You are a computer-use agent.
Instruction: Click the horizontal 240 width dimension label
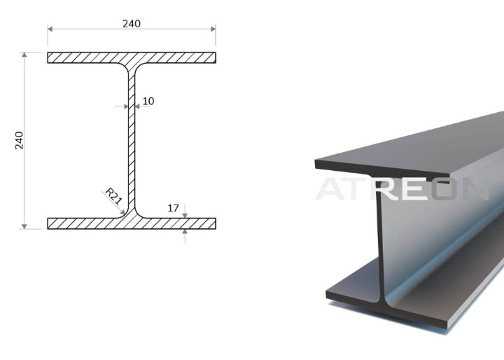132,24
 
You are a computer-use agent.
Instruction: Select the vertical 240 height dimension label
20,140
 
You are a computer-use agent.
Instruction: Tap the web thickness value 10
148,101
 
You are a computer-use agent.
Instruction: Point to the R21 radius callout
114,196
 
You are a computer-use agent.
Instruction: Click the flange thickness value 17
174,208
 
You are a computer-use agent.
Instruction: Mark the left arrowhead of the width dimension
50,29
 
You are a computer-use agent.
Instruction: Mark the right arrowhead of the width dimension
213,29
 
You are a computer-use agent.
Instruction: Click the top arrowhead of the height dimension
24,55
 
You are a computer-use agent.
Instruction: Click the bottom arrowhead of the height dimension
24,226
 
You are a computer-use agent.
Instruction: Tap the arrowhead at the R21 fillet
122,212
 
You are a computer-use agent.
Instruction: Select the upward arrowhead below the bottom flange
185,231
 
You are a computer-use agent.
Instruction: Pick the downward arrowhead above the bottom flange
185,216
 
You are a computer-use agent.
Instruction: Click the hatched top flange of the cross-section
132,57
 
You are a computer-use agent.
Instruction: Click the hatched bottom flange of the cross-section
132,223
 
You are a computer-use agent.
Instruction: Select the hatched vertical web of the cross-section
132,141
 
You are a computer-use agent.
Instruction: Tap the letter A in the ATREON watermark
332,189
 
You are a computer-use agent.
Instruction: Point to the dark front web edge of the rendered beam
380,242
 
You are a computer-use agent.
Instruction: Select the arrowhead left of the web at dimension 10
126,106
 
